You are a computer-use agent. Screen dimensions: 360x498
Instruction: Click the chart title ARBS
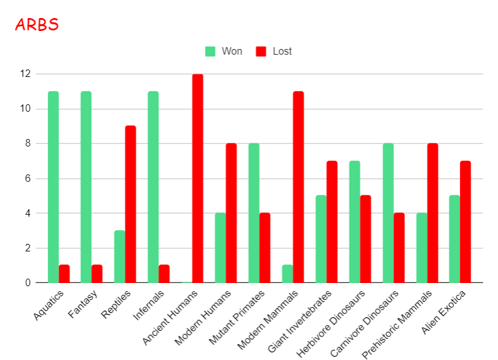click(x=37, y=25)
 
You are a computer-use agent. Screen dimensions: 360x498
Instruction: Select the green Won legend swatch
click(x=211, y=51)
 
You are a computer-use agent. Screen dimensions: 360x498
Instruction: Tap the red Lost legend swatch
click(x=261, y=51)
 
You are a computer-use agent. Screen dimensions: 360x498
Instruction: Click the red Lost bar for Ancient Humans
click(x=197, y=179)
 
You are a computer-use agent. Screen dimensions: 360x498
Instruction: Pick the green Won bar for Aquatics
click(x=53, y=187)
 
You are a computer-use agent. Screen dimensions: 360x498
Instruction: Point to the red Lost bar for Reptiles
click(x=130, y=205)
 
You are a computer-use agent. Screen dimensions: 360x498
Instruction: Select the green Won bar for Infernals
click(x=153, y=187)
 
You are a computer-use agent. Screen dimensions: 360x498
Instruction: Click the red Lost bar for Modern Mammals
click(x=298, y=187)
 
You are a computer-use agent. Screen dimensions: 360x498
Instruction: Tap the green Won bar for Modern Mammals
click(x=287, y=274)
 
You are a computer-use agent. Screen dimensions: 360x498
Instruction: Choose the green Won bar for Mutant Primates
click(x=254, y=214)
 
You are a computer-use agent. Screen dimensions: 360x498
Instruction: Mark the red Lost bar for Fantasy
click(x=97, y=274)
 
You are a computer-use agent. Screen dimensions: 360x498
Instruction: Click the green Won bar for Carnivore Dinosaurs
click(x=388, y=214)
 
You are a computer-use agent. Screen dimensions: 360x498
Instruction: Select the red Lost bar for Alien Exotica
click(x=466, y=222)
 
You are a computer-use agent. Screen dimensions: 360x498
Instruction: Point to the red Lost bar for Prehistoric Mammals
click(x=432, y=214)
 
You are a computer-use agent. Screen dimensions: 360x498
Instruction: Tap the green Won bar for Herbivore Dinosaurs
click(x=355, y=222)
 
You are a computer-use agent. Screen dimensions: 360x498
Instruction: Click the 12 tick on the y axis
click(x=25, y=74)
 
